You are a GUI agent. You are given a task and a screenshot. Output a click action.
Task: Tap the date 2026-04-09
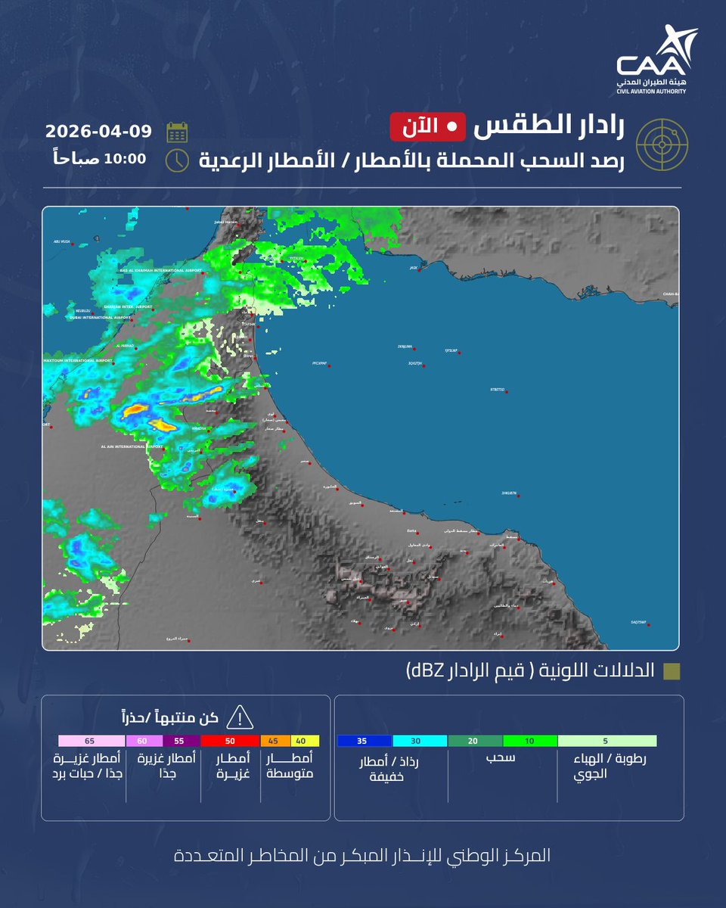(x=98, y=131)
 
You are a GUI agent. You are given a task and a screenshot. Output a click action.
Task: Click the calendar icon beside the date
(x=177, y=132)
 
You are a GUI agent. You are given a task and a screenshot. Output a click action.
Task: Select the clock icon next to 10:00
(x=177, y=160)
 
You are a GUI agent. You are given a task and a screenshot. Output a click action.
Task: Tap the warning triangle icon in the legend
(x=240, y=717)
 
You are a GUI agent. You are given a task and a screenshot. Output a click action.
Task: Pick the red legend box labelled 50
(x=230, y=742)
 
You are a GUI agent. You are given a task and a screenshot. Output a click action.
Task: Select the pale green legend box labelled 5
(x=607, y=742)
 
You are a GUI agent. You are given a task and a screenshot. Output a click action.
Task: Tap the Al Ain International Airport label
(x=132, y=446)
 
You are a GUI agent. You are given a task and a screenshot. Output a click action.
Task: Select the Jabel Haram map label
(x=226, y=222)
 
